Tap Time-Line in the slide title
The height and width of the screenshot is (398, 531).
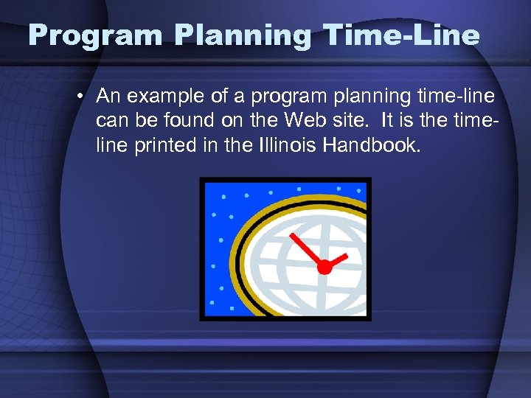(x=400, y=35)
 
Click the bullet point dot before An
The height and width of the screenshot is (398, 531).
(x=85, y=97)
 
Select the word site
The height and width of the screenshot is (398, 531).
(x=359, y=121)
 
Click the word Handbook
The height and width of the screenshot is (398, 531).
(x=374, y=145)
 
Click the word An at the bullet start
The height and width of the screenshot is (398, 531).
(x=108, y=97)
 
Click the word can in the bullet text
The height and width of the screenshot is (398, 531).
(x=111, y=121)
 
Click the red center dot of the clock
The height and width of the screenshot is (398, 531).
(x=324, y=268)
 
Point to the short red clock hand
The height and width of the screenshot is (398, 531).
(x=337, y=259)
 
